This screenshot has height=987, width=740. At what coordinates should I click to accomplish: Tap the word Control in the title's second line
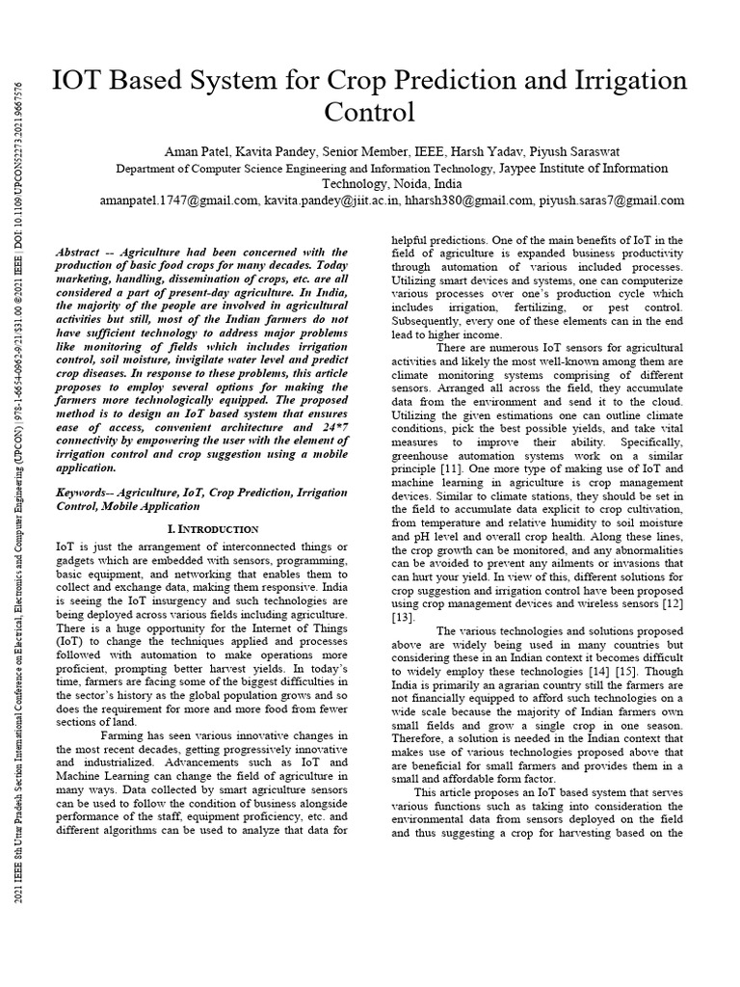(370, 114)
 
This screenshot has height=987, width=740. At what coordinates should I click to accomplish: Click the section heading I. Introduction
(213, 529)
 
